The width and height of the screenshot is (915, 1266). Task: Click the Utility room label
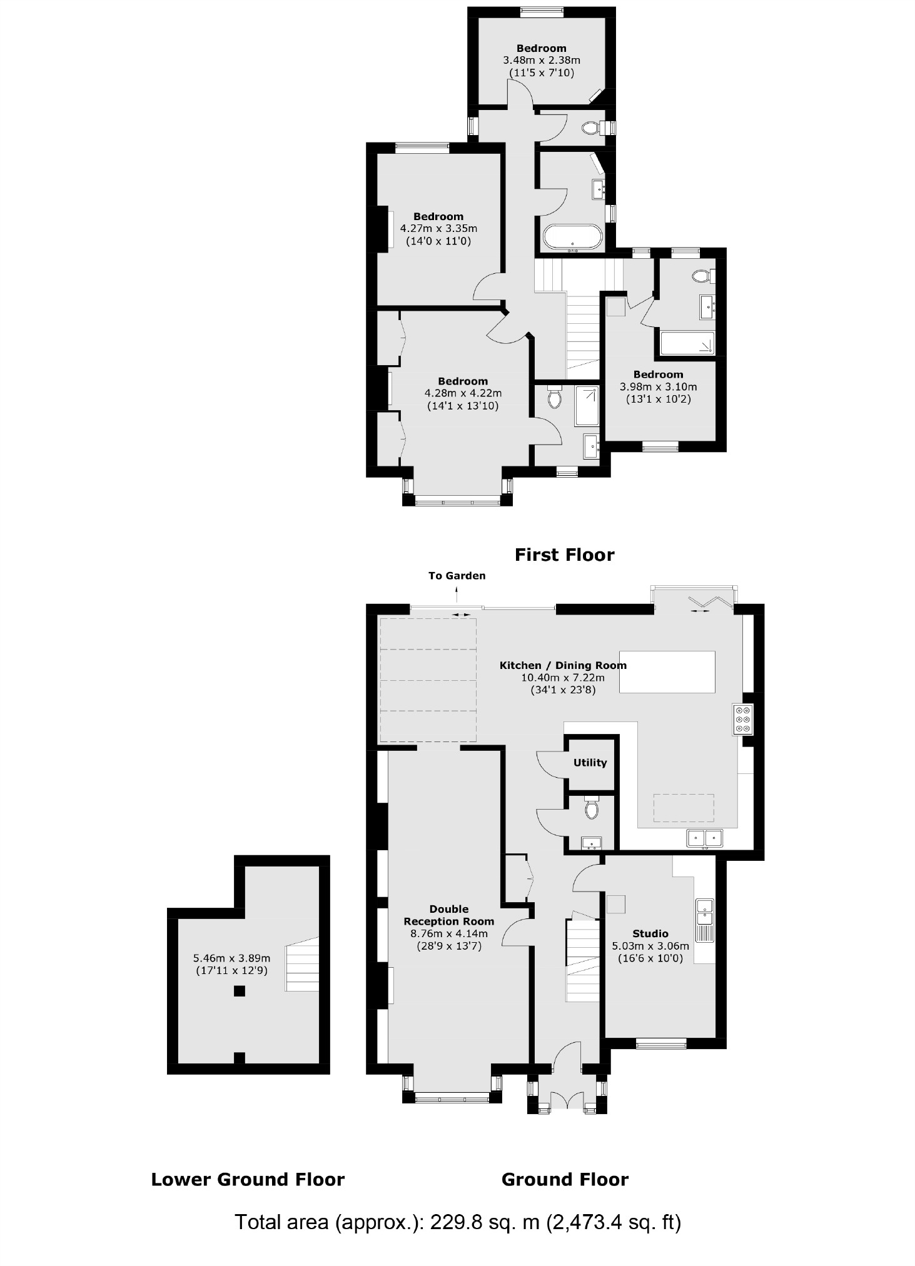coord(590,762)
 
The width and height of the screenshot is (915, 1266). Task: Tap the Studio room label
coord(650,933)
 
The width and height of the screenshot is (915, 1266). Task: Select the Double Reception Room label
coord(448,915)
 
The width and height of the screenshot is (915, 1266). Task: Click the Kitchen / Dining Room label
coord(563,665)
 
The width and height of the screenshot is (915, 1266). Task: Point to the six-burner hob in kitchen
coord(744,719)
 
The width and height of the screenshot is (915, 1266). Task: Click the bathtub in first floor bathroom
coord(573,238)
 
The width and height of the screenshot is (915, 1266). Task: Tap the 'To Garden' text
coord(457,576)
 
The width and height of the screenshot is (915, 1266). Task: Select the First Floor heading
coord(564,555)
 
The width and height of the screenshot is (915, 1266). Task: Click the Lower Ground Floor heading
coord(248,1180)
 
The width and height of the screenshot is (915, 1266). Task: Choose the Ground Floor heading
coord(565,1180)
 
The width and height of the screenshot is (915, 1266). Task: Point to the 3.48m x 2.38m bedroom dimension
coord(542,61)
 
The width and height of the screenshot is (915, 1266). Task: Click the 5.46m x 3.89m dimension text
coord(231,958)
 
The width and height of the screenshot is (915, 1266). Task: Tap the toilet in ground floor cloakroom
coord(592,809)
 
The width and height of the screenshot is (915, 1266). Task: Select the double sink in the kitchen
coord(705,837)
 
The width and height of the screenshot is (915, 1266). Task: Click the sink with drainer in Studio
coord(705,920)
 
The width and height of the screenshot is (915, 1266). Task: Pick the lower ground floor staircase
coord(303,967)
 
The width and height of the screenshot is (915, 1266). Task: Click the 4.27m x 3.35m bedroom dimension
coord(438,229)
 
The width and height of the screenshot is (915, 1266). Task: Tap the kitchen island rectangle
coord(667,671)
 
